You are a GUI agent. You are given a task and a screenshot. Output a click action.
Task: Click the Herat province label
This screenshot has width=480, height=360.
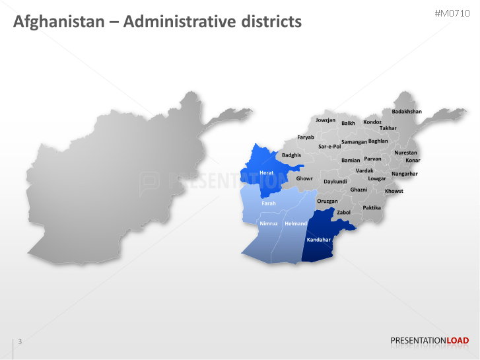[266, 172]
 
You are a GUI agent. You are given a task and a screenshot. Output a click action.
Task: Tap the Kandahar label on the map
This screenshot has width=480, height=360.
[318, 240]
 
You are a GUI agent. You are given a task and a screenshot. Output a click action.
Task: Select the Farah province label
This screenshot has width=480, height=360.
[269, 203]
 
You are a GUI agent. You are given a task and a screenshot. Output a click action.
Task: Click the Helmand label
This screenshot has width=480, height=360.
[295, 224]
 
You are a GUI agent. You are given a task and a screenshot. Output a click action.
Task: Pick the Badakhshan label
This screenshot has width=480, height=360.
[407, 112]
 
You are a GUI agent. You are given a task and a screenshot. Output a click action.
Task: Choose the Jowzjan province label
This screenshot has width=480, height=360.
[326, 120]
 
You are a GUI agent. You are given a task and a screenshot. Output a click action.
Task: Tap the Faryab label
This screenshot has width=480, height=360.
[306, 137]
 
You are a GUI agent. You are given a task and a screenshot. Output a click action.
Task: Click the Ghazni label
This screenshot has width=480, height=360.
[359, 190]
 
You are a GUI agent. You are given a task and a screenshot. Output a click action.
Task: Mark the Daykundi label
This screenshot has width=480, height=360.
[335, 181]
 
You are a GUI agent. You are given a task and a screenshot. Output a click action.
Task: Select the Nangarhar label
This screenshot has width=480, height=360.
[405, 174]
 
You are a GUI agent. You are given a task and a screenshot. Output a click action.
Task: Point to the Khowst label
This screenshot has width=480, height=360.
[394, 191]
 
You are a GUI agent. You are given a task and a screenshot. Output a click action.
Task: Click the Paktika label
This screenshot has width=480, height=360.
[372, 207]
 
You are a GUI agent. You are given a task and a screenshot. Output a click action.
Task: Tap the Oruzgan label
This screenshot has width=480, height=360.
[327, 201]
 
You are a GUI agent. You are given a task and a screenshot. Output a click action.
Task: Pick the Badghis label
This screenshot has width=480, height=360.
[291, 155]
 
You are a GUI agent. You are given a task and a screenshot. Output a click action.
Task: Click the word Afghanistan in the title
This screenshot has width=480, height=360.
[59, 22]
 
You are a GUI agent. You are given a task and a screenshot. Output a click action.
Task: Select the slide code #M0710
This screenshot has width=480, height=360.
[452, 14]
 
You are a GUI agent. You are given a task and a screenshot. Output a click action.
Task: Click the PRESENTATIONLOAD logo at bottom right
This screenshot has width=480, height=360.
[430, 341]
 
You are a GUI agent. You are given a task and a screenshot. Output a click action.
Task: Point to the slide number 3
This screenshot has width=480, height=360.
[20, 342]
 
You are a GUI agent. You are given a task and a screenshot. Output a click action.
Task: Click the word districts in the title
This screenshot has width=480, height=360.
[269, 22]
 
